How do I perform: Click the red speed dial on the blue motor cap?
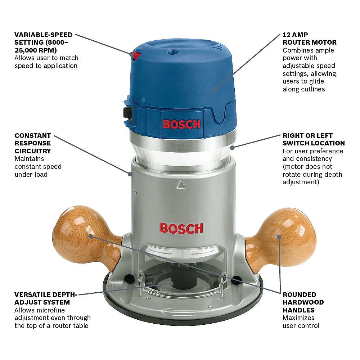coord(137,56)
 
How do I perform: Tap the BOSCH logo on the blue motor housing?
coord(181,124)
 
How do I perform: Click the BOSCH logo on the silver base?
coord(181,229)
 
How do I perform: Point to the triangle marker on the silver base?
coord(181,184)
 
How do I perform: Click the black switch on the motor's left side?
coord(128,113)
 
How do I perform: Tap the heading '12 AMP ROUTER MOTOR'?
coord(309,39)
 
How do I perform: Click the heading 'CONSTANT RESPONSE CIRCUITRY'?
coord(33,143)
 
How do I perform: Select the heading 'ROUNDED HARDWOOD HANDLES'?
coord(303,302)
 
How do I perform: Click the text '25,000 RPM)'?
coord(36,50)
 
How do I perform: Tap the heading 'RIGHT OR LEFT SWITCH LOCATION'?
coord(314,139)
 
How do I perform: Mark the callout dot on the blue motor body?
coord(215,90)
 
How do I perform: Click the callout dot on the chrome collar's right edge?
coord(232,148)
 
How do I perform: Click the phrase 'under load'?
coord(31,175)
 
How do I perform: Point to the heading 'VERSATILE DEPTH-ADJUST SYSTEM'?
coord(45,298)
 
